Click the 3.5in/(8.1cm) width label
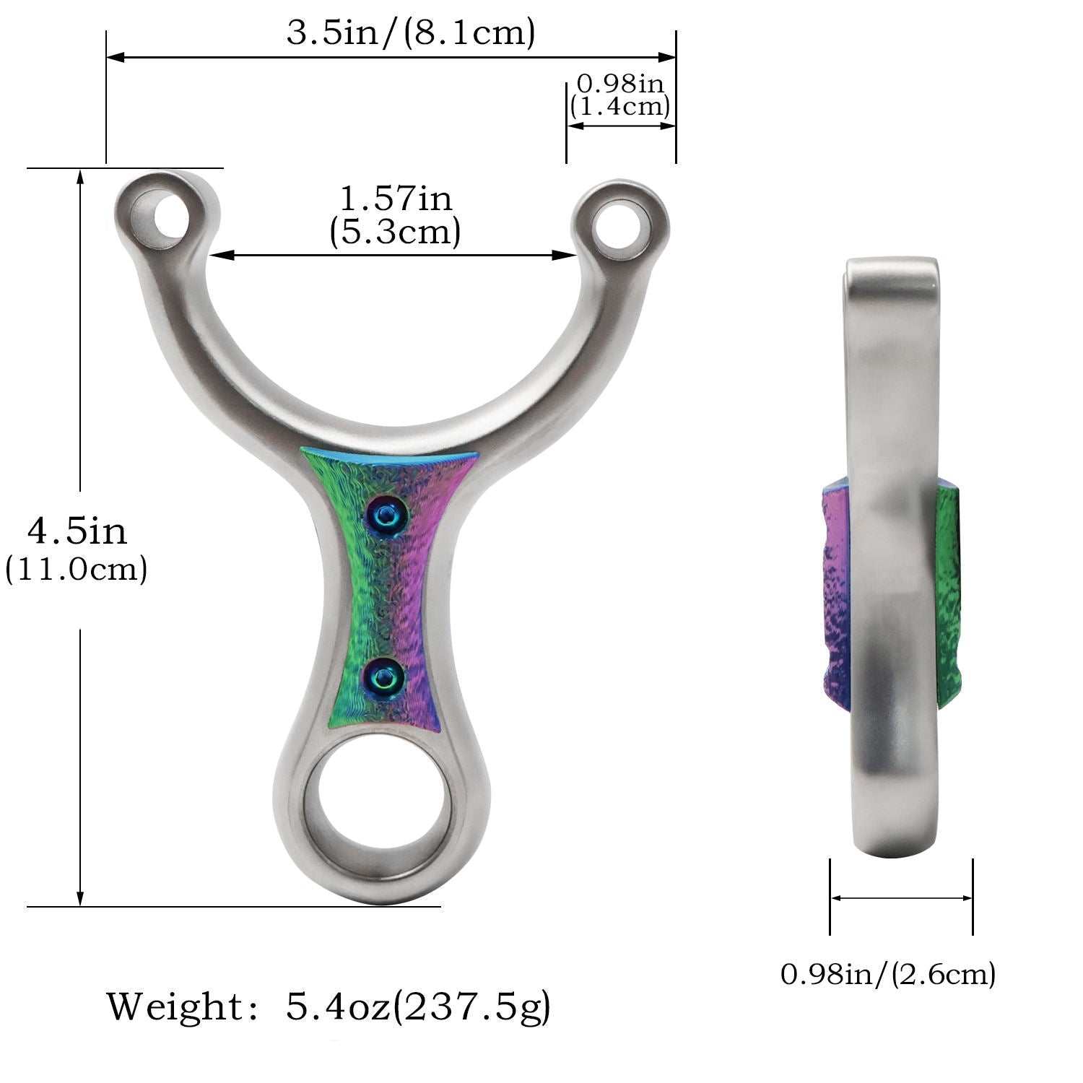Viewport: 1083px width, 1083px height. (x=410, y=32)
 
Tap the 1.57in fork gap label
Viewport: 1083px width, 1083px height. (x=396, y=199)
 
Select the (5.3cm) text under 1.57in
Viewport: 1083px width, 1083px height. (x=395, y=232)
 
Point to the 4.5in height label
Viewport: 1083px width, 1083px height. (x=77, y=531)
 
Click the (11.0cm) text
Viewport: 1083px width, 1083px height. (x=77, y=569)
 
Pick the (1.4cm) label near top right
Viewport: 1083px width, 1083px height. (x=619, y=107)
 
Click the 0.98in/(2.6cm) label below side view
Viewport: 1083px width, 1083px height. (x=888, y=974)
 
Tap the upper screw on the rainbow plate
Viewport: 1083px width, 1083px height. (x=388, y=515)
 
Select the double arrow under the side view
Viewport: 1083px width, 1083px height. (x=901, y=898)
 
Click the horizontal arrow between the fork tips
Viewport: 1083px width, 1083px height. (x=393, y=254)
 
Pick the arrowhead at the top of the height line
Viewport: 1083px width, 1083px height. (x=80, y=177)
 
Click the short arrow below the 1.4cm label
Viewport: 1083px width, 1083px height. (x=621, y=125)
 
